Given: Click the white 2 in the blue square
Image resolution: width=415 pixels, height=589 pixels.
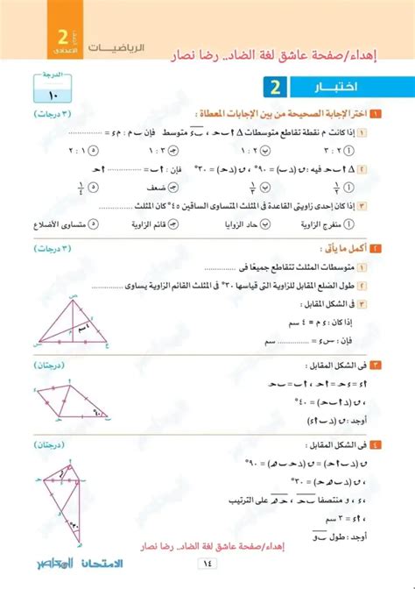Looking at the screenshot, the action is click(274, 89).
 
